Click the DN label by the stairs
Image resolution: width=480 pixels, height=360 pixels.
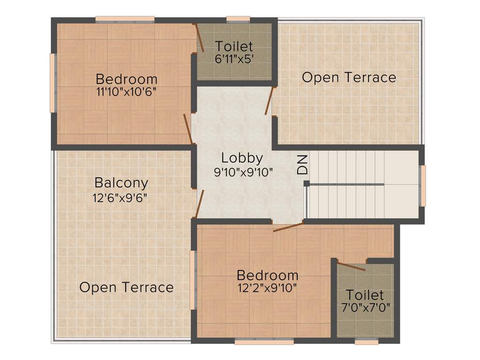click(x=303, y=165)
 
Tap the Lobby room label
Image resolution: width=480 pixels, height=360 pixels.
click(x=242, y=158)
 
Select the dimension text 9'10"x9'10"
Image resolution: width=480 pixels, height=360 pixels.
click(x=243, y=172)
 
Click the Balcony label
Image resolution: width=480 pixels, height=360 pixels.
click(x=121, y=183)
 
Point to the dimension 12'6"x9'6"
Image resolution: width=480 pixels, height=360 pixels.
click(x=120, y=197)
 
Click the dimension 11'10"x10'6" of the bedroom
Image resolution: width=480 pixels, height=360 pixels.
click(x=126, y=92)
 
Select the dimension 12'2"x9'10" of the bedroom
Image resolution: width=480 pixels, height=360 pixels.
click(x=267, y=288)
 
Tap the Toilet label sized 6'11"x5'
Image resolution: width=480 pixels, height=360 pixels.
click(x=234, y=46)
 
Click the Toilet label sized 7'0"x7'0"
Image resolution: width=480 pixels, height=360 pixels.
click(x=365, y=295)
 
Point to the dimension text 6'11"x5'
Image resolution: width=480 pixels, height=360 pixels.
click(x=234, y=60)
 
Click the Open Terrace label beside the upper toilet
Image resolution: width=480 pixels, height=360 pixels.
click(x=349, y=77)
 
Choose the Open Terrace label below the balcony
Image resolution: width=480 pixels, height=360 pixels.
click(x=127, y=287)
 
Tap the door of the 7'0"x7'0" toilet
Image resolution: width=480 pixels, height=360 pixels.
click(x=351, y=267)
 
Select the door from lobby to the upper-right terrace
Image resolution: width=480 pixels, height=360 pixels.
click(x=268, y=101)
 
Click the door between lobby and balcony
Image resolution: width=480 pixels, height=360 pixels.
click(x=199, y=204)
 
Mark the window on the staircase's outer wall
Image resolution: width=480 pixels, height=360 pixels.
click(x=423, y=186)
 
